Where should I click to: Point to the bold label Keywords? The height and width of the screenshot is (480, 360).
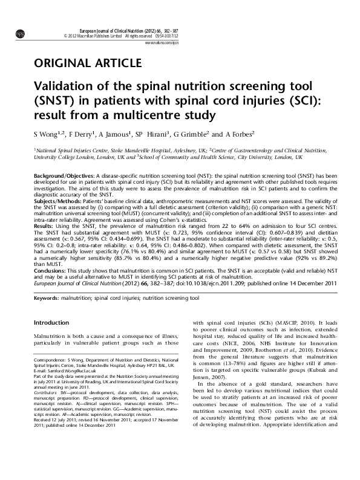click(47, 299)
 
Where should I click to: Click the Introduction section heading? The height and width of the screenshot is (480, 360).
click(51, 323)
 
